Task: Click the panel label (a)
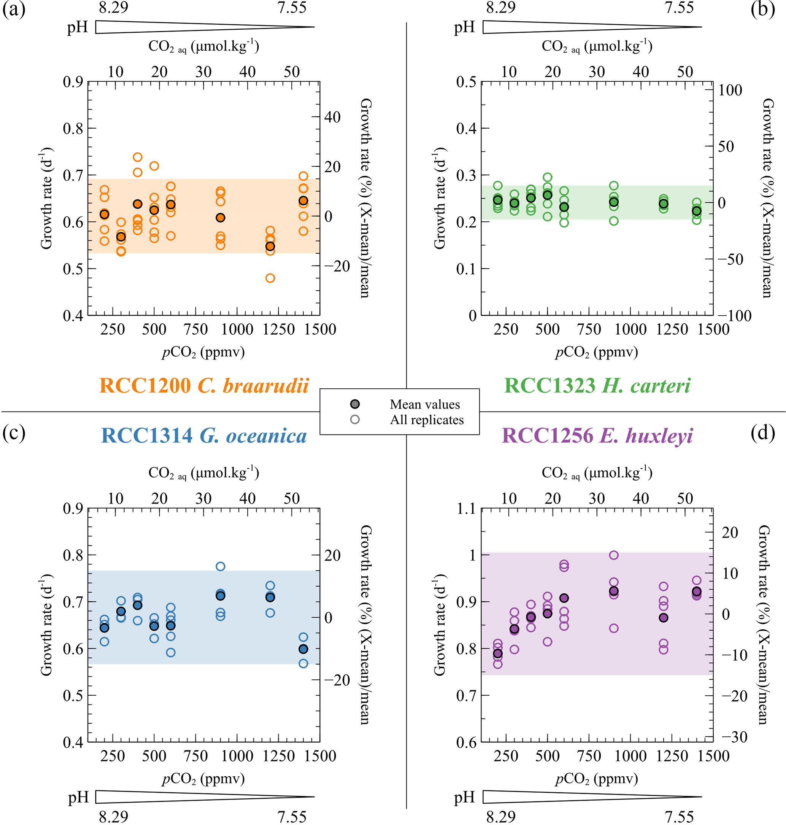[14, 9]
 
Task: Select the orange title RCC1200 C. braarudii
[204, 385]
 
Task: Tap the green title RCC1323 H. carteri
[597, 385]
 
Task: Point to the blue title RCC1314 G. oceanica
[204, 436]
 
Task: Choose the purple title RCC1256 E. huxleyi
[597, 436]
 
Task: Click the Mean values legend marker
[355, 404]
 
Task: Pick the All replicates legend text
[427, 420]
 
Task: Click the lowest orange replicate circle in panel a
[270, 278]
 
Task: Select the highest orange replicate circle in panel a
[137, 157]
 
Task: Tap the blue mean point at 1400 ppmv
[303, 649]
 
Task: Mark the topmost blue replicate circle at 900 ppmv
[221, 566]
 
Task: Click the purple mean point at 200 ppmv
[498, 653]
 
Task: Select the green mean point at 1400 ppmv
[697, 211]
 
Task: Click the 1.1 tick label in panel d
[466, 509]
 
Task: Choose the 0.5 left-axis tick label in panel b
[466, 82]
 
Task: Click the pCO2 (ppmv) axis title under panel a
[203, 352]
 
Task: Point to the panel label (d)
[762, 433]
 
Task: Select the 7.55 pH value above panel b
[679, 8]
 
